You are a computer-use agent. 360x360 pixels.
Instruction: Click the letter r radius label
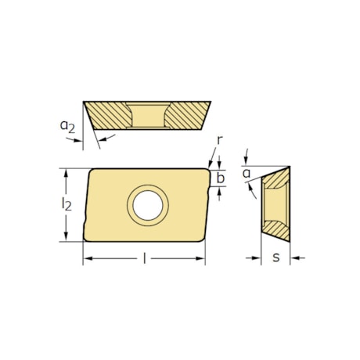220,140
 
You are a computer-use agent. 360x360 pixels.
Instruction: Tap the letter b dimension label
221,178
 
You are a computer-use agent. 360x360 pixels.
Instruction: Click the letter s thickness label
276,257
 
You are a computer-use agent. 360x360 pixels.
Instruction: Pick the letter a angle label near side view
247,172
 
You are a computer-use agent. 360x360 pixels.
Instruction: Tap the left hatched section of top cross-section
110,114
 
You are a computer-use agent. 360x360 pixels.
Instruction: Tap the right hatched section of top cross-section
185,114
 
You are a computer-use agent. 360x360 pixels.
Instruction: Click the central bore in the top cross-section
147,115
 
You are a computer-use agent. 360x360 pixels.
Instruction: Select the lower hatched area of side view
277,229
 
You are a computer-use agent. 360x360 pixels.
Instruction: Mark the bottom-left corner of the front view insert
84,240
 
